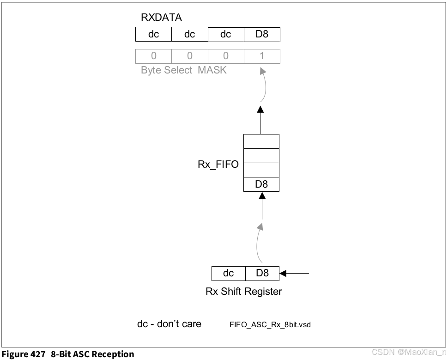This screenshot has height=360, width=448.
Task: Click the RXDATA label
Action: [161, 18]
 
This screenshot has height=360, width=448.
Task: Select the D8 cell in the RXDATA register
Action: [262, 35]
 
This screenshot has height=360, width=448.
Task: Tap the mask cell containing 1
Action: [262, 56]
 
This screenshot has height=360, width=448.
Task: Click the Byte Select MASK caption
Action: [183, 71]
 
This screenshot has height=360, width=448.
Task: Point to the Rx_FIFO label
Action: [218, 164]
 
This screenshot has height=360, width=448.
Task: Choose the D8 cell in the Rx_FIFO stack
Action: [261, 184]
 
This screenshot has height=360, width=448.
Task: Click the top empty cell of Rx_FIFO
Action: [261, 141]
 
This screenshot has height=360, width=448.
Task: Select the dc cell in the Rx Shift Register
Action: [228, 273]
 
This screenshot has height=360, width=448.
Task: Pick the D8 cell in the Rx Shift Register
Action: [262, 273]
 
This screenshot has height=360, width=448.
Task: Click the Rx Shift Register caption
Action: [243, 292]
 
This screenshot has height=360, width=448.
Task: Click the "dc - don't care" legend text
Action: [169, 323]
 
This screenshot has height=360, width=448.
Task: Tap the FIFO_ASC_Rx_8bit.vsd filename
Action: [270, 324]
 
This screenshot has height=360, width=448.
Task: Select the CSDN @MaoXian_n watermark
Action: [409, 353]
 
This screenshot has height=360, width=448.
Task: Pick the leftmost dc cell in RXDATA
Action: [153, 35]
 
